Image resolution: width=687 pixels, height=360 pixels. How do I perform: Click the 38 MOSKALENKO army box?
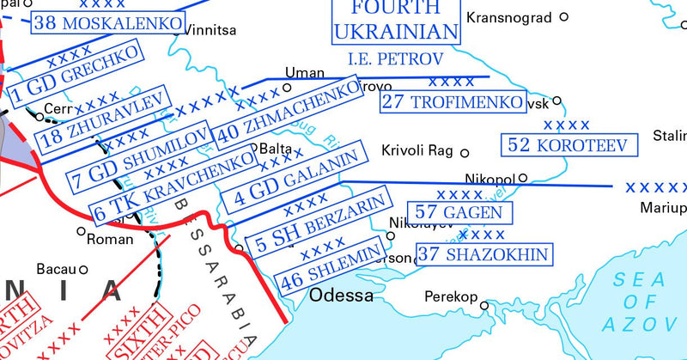pyautogui.click(x=109, y=23)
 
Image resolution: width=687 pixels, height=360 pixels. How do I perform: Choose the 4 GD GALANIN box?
pyautogui.click(x=295, y=179)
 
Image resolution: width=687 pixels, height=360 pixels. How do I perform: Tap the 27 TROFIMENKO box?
pyautogui.click(x=453, y=101)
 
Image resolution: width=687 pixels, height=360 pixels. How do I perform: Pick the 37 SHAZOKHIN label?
pyautogui.click(x=484, y=253)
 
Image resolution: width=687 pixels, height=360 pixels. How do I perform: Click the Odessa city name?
pyautogui.click(x=341, y=296)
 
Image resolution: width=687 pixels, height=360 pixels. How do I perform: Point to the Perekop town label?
pyautogui.click(x=451, y=297)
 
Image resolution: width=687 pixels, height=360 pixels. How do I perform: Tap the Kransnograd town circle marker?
pyautogui.click(x=564, y=16)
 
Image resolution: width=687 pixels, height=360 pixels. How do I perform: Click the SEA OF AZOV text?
pyautogui.click(x=643, y=301)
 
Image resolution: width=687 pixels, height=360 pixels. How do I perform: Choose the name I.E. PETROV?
pyautogui.click(x=395, y=59)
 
